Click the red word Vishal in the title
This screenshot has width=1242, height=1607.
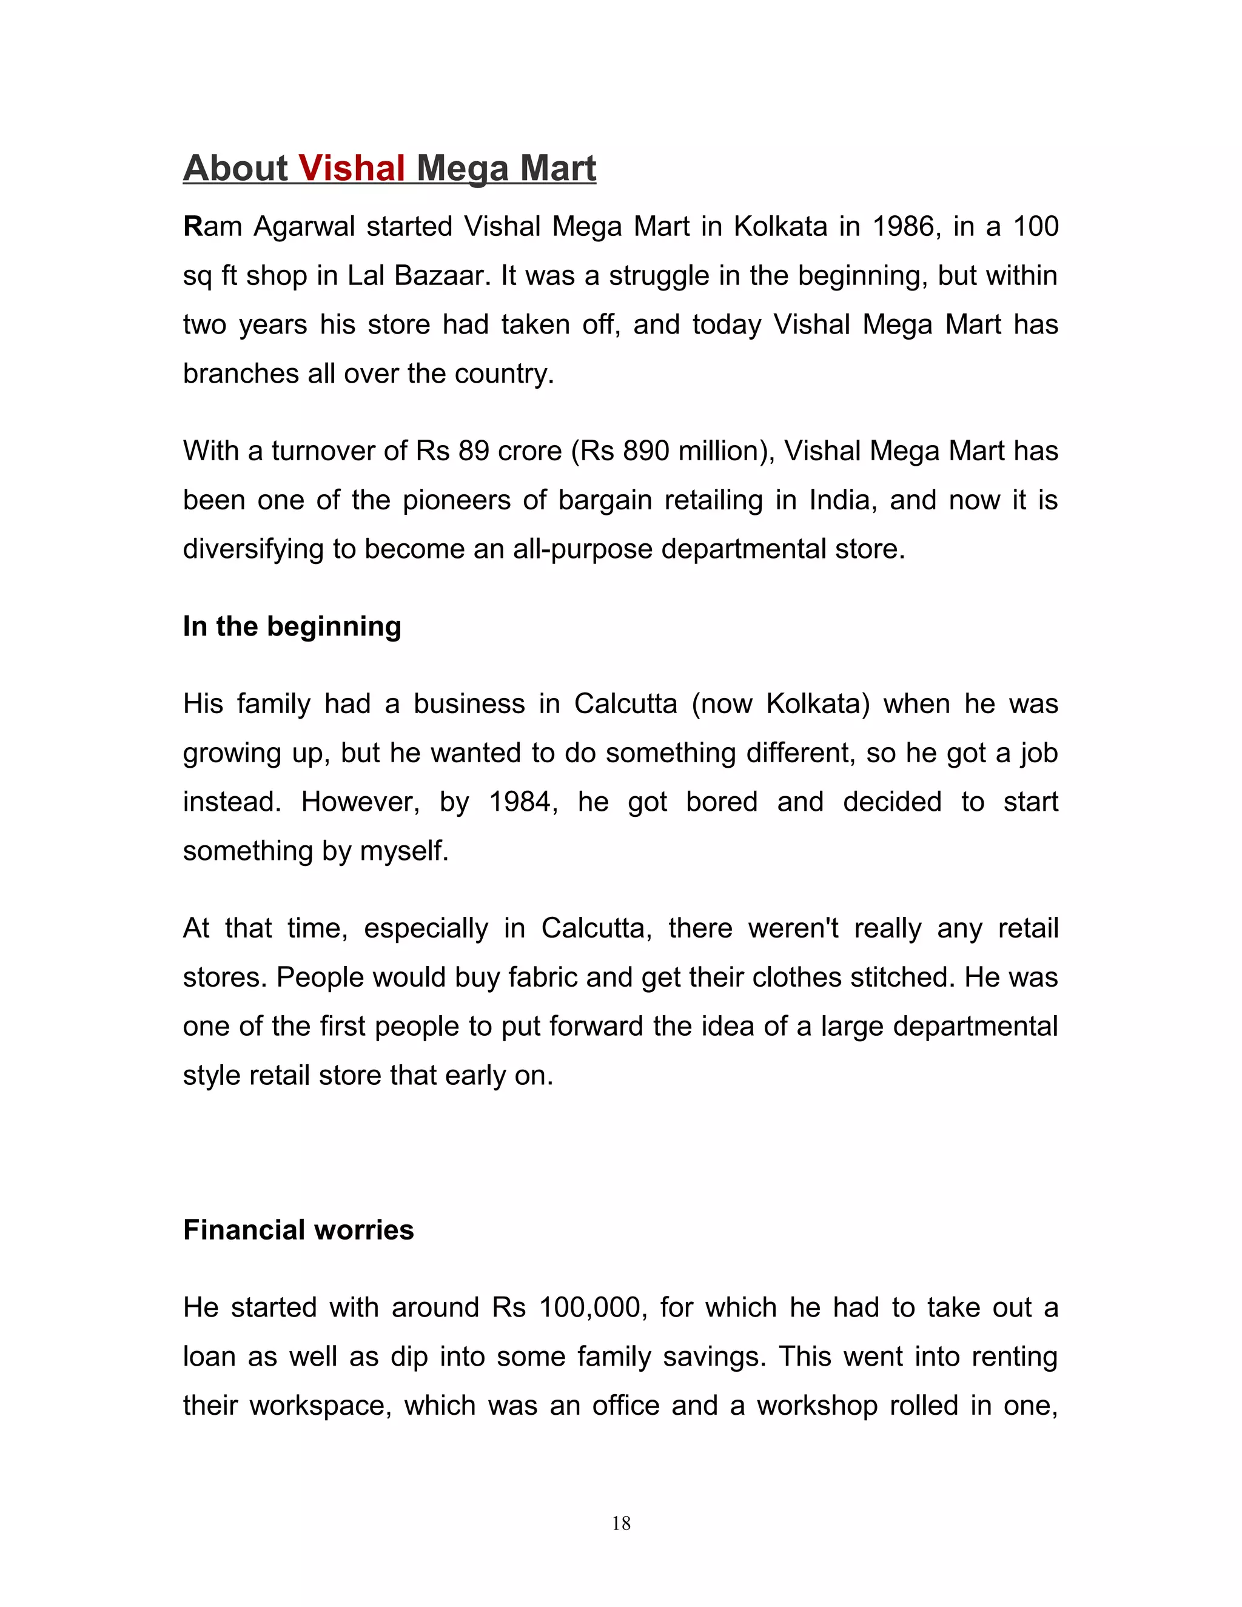[x=352, y=169]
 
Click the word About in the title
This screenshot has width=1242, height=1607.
[x=235, y=169]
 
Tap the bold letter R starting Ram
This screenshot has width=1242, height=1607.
[x=193, y=227]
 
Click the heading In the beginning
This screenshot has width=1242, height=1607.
[x=292, y=626]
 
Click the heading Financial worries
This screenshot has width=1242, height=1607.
[x=298, y=1230]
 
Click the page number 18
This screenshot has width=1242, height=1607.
[x=621, y=1523]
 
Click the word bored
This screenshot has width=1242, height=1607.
[x=721, y=802]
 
